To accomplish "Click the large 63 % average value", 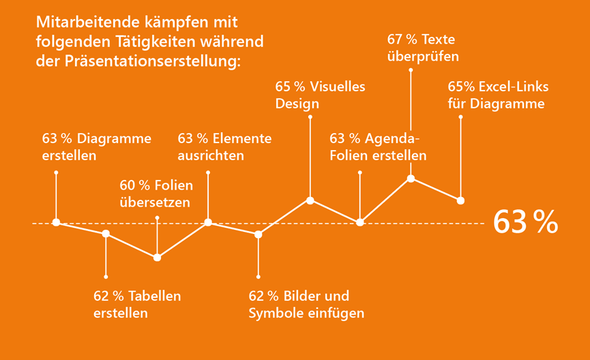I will pos(525,222).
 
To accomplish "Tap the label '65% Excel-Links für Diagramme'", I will pos(498,95).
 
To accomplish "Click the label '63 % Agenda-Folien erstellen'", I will pos(378,147).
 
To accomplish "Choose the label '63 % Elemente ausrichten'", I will pos(224,147).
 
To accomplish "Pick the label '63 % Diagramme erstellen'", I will pos(96,147).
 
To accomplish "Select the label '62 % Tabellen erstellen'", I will pos(136,305).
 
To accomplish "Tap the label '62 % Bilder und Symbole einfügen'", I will pos(306,305).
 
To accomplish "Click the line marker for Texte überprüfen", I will pos(411,179).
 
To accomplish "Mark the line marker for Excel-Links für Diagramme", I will pos(460,200).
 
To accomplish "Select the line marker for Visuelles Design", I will pos(310,200).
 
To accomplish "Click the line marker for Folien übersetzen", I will pos(158,257).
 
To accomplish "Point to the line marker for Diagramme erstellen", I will pos(56,222).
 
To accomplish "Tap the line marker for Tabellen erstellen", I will pos(106,234).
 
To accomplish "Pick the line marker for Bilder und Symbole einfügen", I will pos(259,235).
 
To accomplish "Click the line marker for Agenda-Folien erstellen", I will pos(360,222).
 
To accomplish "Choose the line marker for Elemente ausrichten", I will pos(208,222).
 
